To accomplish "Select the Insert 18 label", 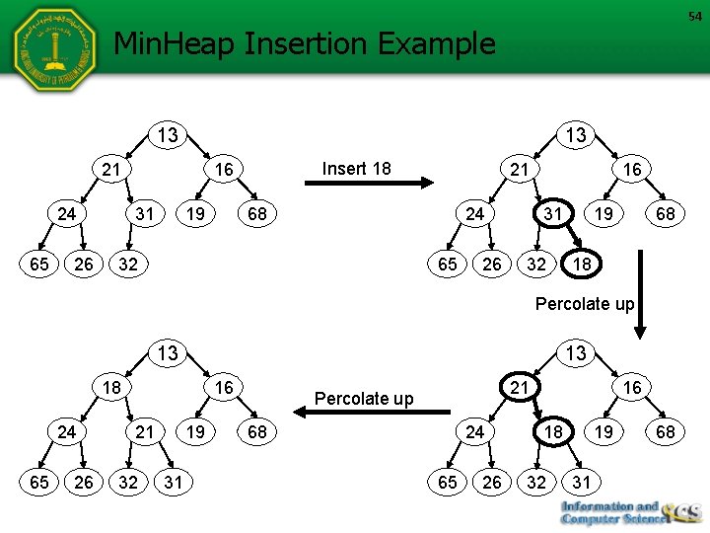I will pos(357,169).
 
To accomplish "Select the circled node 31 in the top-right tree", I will pos(553,214).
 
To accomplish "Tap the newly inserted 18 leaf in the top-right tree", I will pos(582,266).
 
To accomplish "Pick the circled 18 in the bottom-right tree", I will pos(553,431).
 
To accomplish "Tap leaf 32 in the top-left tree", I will pos(126,265).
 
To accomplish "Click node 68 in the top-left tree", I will pos(254,214).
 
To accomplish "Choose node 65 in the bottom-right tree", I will pos(449,482).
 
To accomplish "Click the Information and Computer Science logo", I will pos(627,513).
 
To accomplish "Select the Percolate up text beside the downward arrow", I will pos(584,304).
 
